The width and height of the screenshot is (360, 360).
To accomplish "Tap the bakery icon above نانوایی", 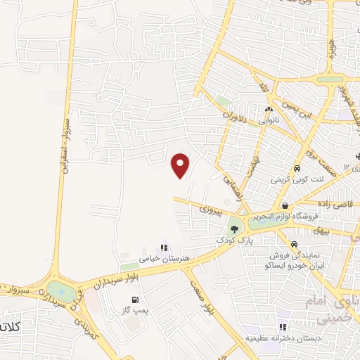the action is pos(269,109).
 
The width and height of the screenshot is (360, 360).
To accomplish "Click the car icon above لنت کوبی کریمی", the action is pos(297,169).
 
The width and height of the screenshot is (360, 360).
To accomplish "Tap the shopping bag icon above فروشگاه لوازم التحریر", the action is pos(285,205).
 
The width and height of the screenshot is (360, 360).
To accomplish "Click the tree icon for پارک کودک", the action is pos(234,229).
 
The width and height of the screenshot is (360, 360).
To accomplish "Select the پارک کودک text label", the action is pos(231,240).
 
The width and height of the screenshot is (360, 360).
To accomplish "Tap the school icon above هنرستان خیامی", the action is pos(164,247).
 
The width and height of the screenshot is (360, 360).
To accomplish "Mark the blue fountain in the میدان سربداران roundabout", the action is pos(62,292).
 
